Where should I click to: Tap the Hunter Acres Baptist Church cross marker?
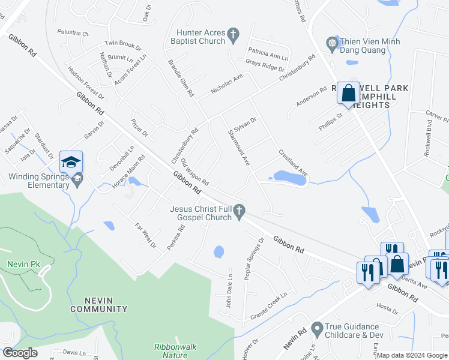(234, 37)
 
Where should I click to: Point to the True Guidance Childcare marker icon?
(317, 329)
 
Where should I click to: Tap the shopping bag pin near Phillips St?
(348, 94)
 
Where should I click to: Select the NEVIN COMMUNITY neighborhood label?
(98, 304)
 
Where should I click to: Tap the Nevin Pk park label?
(19, 264)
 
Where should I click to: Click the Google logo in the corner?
(20, 353)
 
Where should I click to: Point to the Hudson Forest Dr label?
(85, 83)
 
